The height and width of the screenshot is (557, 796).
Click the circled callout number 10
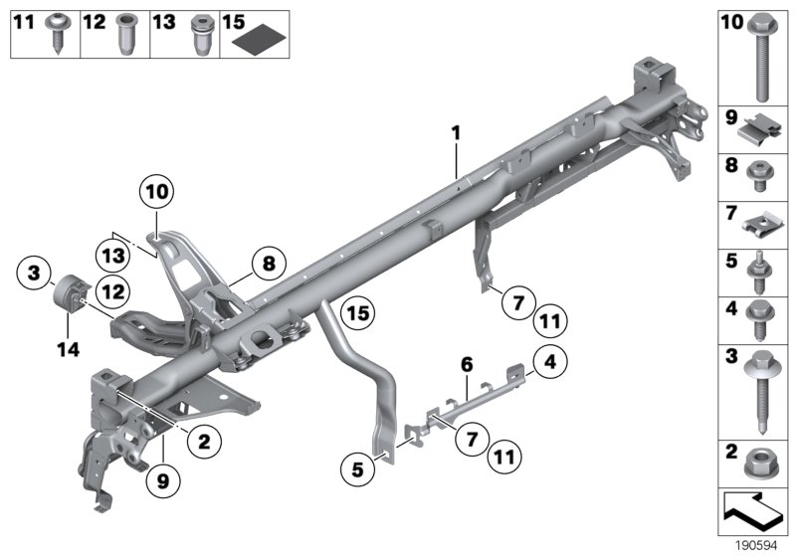click(156, 190)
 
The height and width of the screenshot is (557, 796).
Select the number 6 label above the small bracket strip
click(464, 366)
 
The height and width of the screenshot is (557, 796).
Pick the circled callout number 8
click(267, 265)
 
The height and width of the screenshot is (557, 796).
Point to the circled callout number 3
click(35, 272)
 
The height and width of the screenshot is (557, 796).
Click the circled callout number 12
click(112, 291)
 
